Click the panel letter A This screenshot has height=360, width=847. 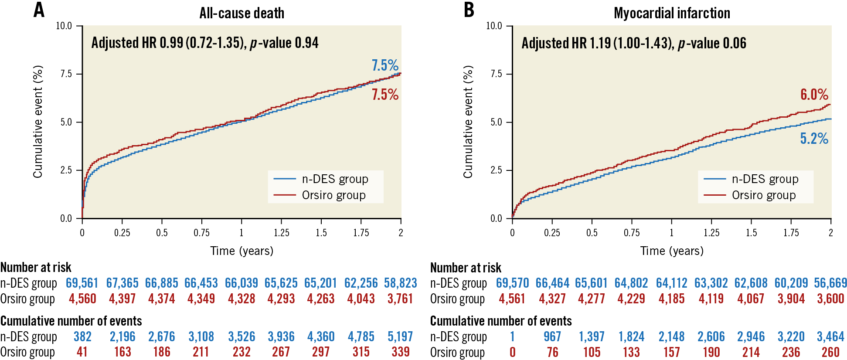click(x=39, y=10)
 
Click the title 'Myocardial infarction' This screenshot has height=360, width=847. click(x=672, y=13)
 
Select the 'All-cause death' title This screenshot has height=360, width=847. click(x=242, y=13)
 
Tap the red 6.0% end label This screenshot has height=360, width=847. click(x=814, y=95)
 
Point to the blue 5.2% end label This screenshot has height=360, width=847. click(x=814, y=139)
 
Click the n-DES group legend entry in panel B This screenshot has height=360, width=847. click(x=765, y=179)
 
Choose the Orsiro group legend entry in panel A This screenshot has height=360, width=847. click(x=333, y=195)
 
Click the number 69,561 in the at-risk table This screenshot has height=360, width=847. click(x=82, y=283)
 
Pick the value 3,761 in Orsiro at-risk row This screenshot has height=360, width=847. click(x=400, y=299)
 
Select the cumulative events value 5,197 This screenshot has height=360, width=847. click(x=400, y=337)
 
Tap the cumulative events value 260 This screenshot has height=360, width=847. click(x=830, y=352)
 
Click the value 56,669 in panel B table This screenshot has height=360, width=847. click(x=830, y=283)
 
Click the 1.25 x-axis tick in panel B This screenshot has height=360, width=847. click(x=711, y=233)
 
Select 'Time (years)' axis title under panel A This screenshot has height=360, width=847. click(x=242, y=251)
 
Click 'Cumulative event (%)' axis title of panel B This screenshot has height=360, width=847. click(x=468, y=122)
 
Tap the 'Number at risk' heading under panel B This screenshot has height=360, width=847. click(x=466, y=268)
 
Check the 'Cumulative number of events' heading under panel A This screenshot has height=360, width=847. click(x=71, y=321)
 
